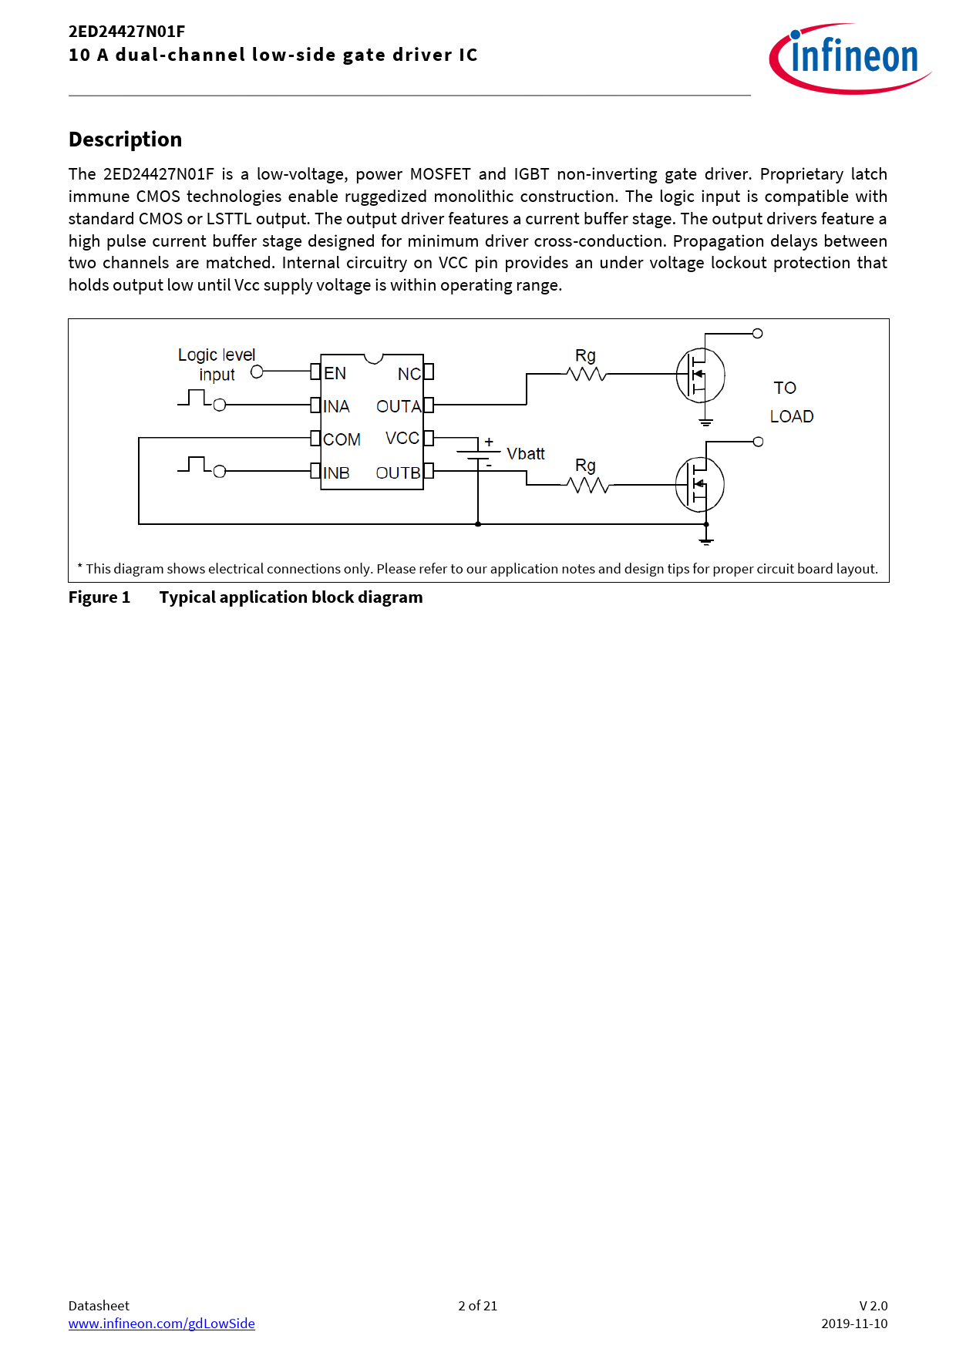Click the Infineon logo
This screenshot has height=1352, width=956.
850,59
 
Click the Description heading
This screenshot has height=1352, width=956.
125,140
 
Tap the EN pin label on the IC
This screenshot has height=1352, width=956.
335,374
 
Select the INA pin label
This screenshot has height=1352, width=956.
336,406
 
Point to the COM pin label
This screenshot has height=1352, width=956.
342,439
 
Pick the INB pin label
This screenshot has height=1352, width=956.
336,473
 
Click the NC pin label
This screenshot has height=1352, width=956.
409,374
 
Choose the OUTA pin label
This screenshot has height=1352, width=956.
399,406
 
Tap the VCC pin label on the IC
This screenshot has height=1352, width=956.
402,439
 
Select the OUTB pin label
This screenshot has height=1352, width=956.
398,473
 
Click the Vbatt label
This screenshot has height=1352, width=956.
526,454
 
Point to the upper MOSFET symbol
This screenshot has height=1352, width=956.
700,375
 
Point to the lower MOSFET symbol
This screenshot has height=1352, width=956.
699,484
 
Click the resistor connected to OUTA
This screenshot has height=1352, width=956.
586,374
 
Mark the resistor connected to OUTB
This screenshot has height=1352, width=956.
587,485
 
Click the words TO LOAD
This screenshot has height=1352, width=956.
791,402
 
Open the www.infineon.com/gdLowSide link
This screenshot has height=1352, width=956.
161,1323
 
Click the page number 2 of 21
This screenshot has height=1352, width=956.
477,1306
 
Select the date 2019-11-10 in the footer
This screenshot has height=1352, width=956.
854,1323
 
